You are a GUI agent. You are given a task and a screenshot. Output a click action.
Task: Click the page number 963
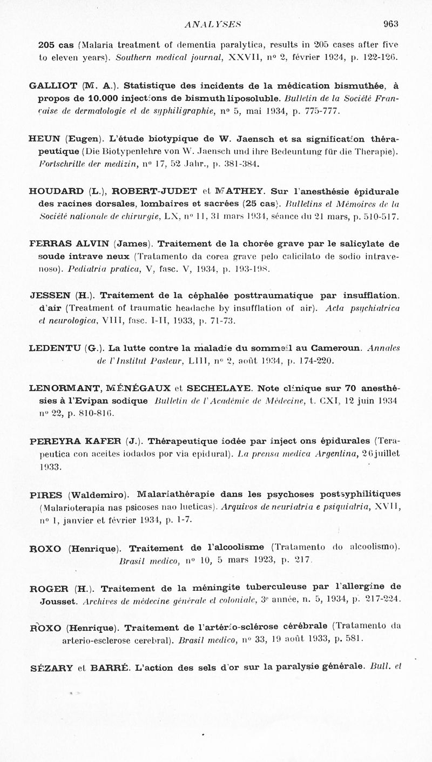(x=390, y=23)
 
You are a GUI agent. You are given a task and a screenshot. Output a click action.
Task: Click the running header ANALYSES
(x=212, y=23)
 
